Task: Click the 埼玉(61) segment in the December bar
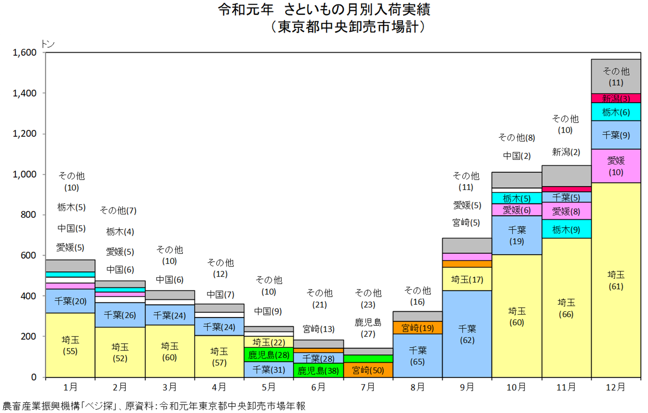[x=616, y=280]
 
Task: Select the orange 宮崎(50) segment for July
[x=368, y=370]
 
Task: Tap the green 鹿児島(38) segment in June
[x=318, y=370]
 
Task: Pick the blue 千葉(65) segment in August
[x=417, y=356]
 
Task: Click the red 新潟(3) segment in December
[x=616, y=98]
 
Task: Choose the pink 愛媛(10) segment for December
[x=616, y=166]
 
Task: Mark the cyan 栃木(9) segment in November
[x=566, y=229]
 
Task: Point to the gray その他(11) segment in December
[x=616, y=76]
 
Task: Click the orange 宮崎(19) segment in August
[x=417, y=328]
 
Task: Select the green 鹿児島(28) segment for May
[x=269, y=355]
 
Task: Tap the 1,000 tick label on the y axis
[x=25, y=174]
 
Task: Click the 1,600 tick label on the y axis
[x=25, y=53]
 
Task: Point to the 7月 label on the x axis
[x=368, y=387]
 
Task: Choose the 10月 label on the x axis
[x=516, y=387]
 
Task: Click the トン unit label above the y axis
[x=48, y=44]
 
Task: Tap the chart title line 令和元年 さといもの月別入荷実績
[x=324, y=10]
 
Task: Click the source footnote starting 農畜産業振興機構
[x=154, y=406]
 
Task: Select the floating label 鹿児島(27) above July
[x=368, y=328]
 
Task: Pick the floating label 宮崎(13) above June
[x=318, y=329]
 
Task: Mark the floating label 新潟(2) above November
[x=566, y=152]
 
